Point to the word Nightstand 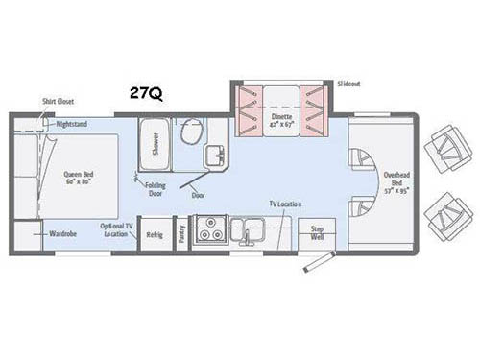[72, 124]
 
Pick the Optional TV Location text [117, 230]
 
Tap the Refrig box [154, 233]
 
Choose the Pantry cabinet [181, 234]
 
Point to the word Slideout [350, 84]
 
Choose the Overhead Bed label [397, 180]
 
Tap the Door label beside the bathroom [198, 195]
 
